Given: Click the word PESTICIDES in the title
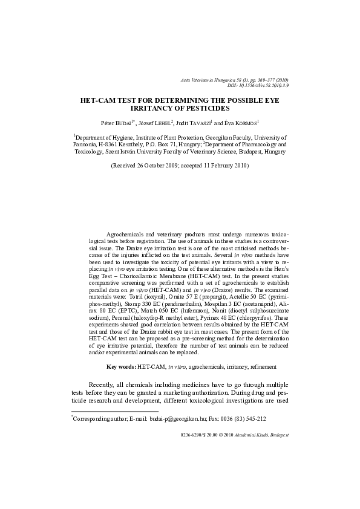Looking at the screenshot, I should click(x=206, y=109).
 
